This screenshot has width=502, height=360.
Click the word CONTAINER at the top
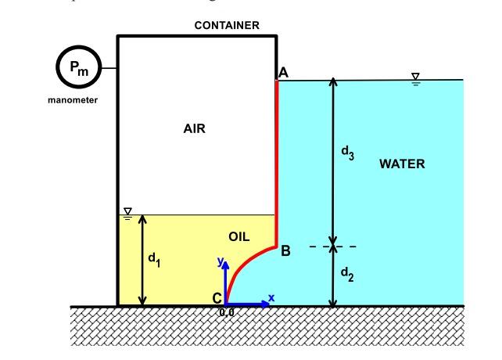pos(226,25)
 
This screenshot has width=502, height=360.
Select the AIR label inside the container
pos(194,129)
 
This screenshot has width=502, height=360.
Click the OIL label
pos(238,236)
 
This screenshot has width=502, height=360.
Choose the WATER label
pos(401,164)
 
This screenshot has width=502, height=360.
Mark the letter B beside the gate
pos(285,251)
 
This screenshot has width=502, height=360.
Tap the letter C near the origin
pos(217,298)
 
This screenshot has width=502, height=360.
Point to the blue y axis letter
pos(221,261)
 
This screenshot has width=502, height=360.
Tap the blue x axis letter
pos(271,297)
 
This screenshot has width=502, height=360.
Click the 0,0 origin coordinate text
pos(227,312)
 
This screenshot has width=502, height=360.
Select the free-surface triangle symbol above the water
pos(416,77)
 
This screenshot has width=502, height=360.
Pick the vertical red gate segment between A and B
pos(277,157)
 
